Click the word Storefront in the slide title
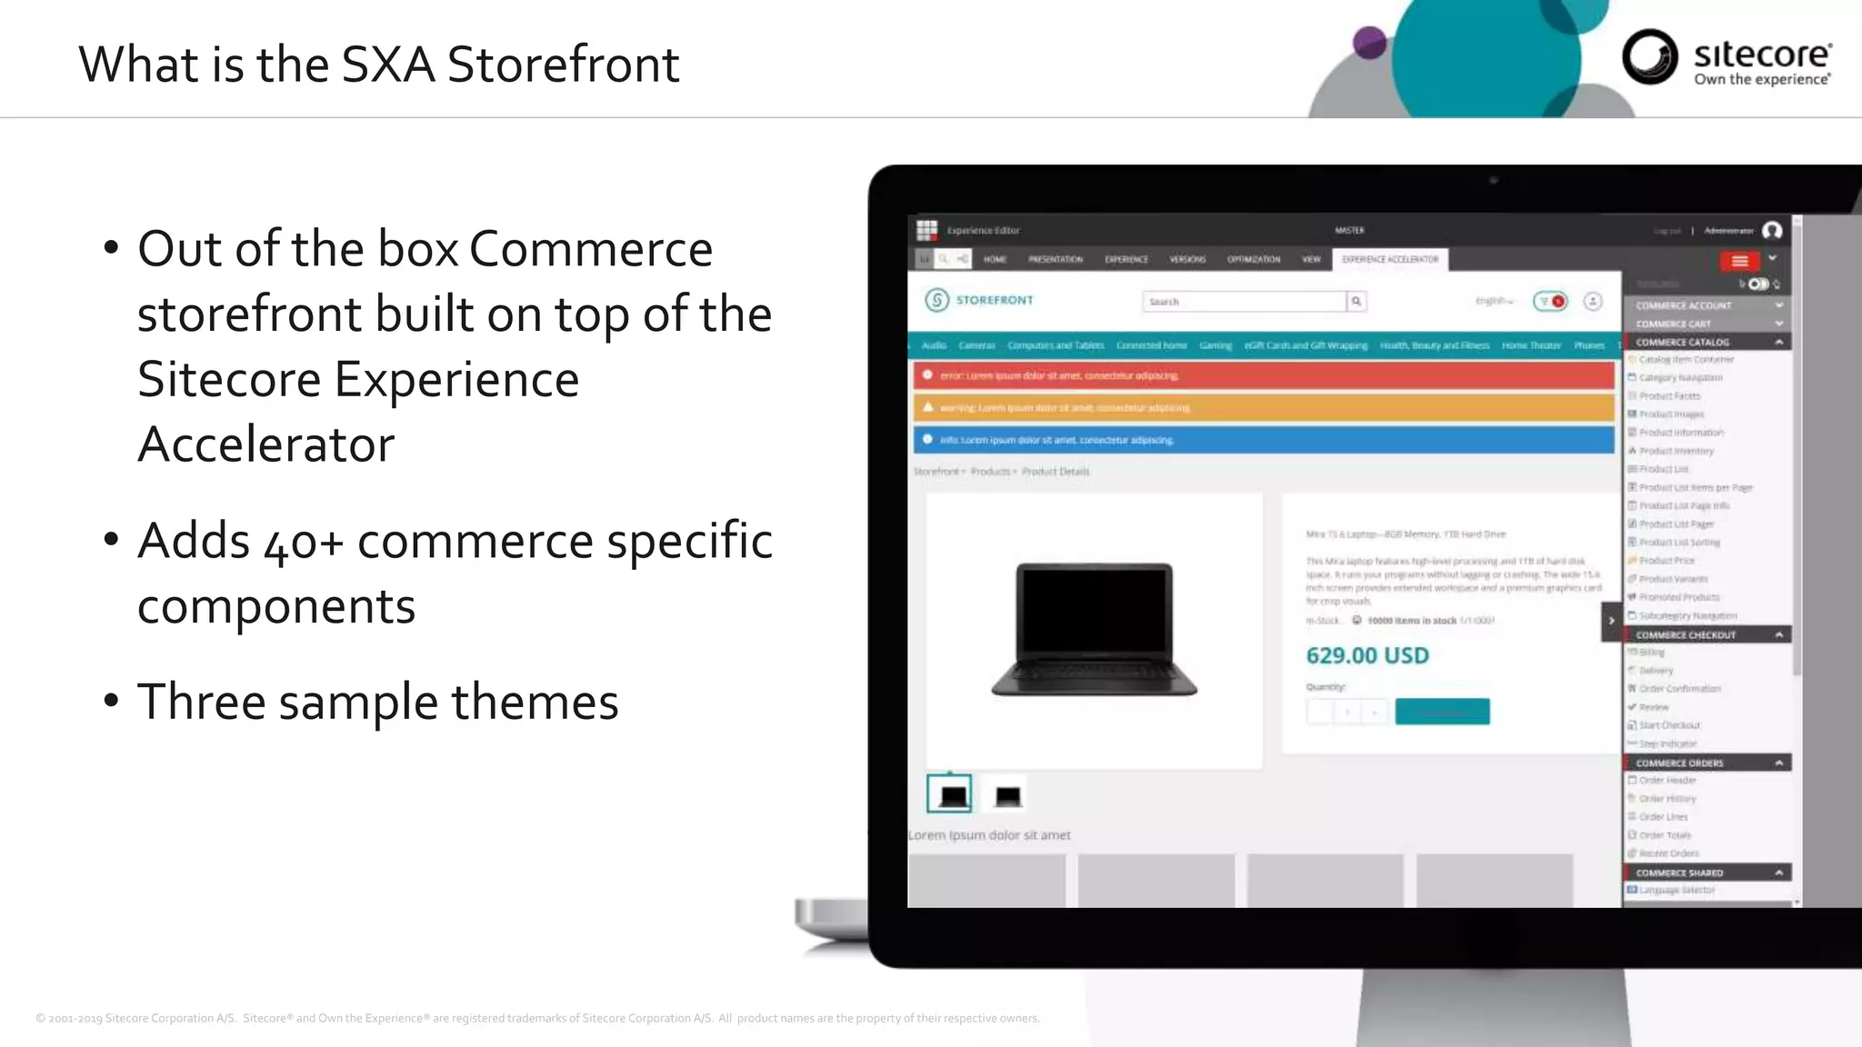(x=563, y=65)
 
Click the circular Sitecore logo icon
(x=1649, y=56)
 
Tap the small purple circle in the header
(x=1369, y=43)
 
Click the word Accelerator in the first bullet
(x=265, y=444)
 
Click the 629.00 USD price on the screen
(x=1366, y=655)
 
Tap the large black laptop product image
(x=1094, y=630)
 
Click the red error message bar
(x=1264, y=375)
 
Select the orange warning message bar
(x=1264, y=407)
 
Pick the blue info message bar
(x=1264, y=440)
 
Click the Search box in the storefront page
(x=1243, y=302)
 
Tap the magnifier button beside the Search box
(x=1356, y=302)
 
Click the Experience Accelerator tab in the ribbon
(x=1390, y=260)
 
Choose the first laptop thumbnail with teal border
(x=949, y=794)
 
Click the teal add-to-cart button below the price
(x=1442, y=712)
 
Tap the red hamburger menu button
(x=1739, y=262)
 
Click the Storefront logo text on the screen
(x=994, y=300)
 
